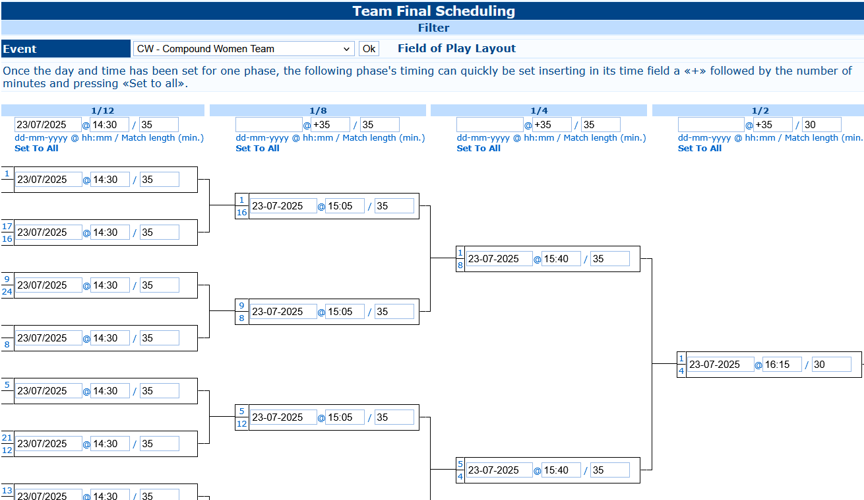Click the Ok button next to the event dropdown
[x=369, y=49]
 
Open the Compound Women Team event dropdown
[x=244, y=49]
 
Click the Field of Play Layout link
[x=456, y=48]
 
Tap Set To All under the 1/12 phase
[x=36, y=149]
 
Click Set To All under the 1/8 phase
[x=257, y=149]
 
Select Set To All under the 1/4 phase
[x=478, y=149]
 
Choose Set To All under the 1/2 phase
[x=700, y=149]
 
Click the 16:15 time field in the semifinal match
[x=782, y=365]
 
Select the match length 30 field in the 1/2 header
[x=822, y=125]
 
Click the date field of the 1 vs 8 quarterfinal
[x=499, y=259]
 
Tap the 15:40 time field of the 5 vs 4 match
[x=561, y=470]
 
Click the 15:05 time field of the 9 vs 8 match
[x=345, y=312]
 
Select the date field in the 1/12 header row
[x=48, y=125]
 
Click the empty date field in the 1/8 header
[x=269, y=125]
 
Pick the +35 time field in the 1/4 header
[x=551, y=125]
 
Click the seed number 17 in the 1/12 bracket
[x=7, y=227]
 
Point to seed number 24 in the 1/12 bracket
[x=7, y=292]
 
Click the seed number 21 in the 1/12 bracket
[x=7, y=438]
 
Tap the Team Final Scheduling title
[x=433, y=11]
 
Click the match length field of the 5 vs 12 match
[x=394, y=417]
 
